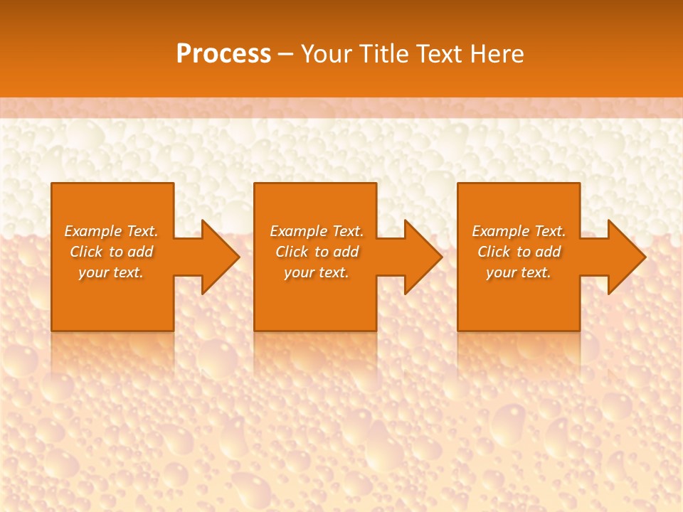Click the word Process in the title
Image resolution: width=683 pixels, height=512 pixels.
(223, 53)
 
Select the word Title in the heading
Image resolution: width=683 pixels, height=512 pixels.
(385, 53)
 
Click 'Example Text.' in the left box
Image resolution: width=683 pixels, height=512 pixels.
(112, 231)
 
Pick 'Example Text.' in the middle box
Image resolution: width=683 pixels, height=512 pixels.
(317, 231)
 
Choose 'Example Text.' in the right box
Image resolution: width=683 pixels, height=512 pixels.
(519, 231)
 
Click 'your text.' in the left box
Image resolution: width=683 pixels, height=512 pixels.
(111, 272)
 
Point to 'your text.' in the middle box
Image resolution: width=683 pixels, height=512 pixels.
(317, 272)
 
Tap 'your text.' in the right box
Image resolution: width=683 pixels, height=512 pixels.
(519, 272)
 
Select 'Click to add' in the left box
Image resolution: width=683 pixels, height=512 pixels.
(112, 252)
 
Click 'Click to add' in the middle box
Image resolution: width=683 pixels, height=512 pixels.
(317, 252)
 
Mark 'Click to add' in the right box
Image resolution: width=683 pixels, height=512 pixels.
(519, 252)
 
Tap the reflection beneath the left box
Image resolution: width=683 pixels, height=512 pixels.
(112, 352)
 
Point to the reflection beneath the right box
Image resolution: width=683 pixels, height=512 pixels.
(519, 352)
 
